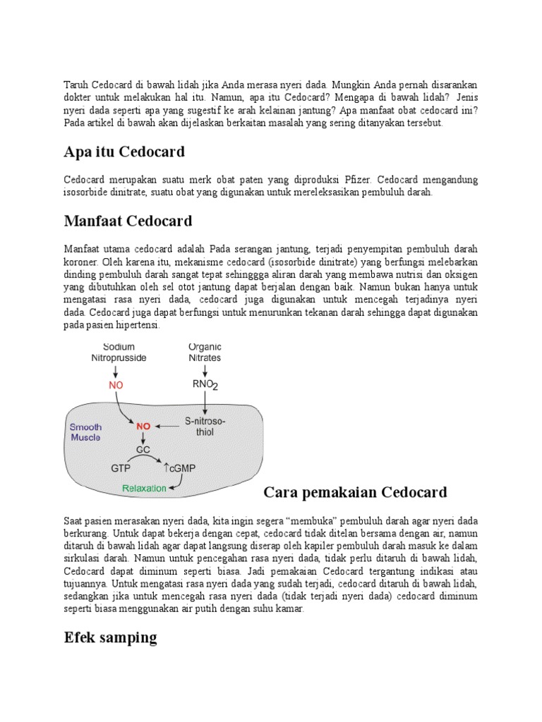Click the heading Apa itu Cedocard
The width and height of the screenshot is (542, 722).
(124, 152)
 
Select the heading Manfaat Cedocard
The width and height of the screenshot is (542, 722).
(128, 221)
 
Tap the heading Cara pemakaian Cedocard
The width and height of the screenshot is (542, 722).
(355, 491)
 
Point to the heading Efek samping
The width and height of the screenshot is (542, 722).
(110, 638)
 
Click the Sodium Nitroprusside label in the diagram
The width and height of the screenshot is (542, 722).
(119, 353)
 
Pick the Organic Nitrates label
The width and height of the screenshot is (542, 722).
(205, 353)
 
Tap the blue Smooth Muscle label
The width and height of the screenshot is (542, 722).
(85, 432)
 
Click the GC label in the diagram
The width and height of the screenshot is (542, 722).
(143, 448)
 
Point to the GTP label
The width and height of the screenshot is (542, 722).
(121, 467)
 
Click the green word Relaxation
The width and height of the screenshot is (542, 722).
(144, 488)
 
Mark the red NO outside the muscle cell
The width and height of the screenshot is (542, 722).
(116, 386)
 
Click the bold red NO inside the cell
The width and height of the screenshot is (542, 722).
(143, 427)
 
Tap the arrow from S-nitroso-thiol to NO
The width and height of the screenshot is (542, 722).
(168, 427)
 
